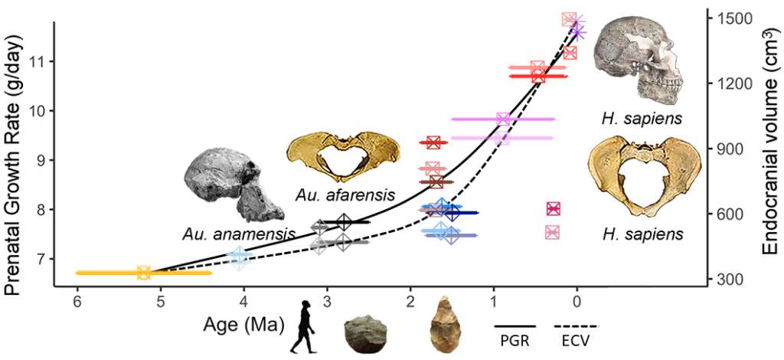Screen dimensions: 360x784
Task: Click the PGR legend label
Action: [514, 342]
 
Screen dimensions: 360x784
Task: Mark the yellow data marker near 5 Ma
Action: [143, 272]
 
